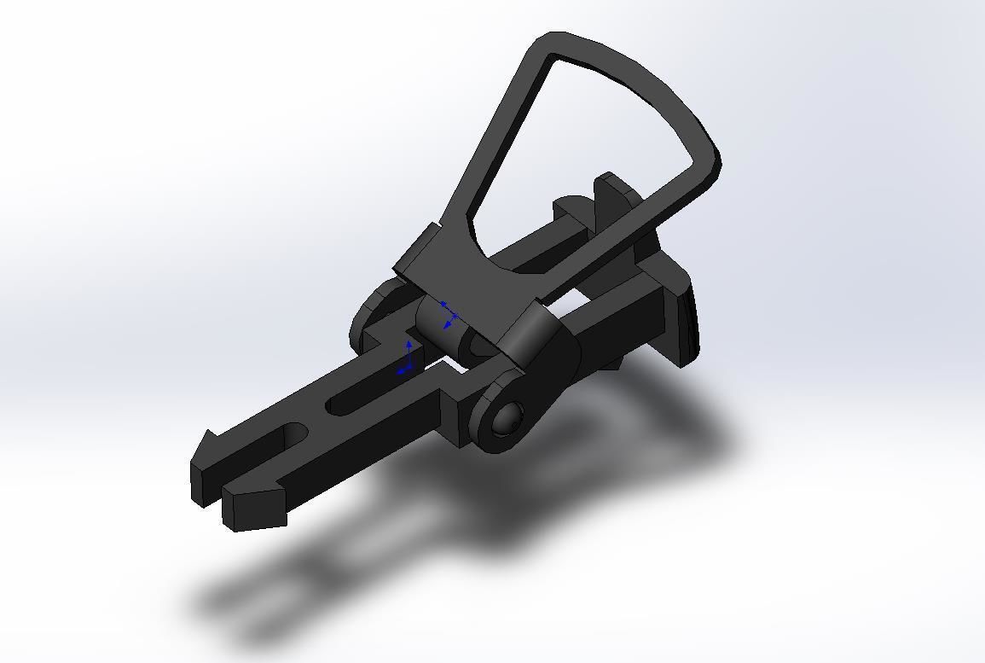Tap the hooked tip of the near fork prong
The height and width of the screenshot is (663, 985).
(255, 507)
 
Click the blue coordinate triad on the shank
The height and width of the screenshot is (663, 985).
(407, 361)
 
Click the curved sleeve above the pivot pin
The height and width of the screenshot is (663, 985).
(532, 337)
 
